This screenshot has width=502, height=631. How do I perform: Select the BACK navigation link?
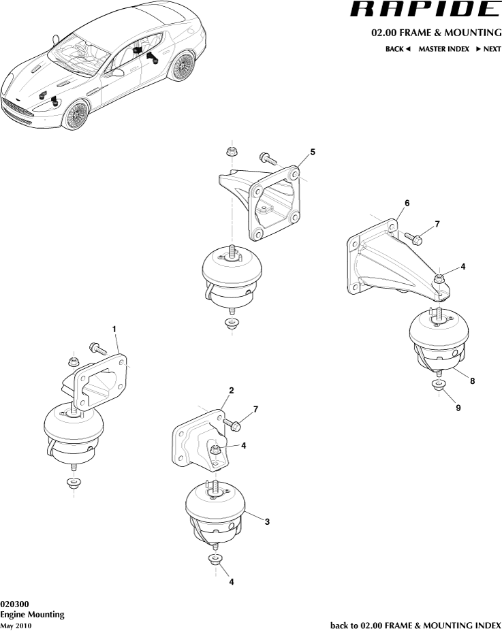(x=398, y=49)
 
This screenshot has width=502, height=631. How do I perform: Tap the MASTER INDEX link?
(x=443, y=49)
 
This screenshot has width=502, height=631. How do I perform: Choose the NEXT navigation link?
(x=488, y=49)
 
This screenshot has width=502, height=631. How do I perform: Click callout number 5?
(x=313, y=152)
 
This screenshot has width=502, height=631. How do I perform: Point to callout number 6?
(x=407, y=204)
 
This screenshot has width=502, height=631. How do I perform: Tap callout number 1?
(x=114, y=329)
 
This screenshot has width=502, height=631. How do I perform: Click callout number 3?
(x=267, y=522)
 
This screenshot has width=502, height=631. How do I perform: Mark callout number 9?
(x=458, y=408)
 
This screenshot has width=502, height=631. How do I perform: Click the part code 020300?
(x=14, y=604)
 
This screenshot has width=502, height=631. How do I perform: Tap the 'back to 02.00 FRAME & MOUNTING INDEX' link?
(x=415, y=625)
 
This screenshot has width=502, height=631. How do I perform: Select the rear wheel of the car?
(x=181, y=67)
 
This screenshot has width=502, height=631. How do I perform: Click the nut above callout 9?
(x=439, y=387)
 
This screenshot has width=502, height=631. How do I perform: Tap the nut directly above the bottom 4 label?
(x=215, y=560)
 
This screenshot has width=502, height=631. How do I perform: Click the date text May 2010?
(x=16, y=626)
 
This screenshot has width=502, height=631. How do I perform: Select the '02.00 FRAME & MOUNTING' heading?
(x=436, y=33)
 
